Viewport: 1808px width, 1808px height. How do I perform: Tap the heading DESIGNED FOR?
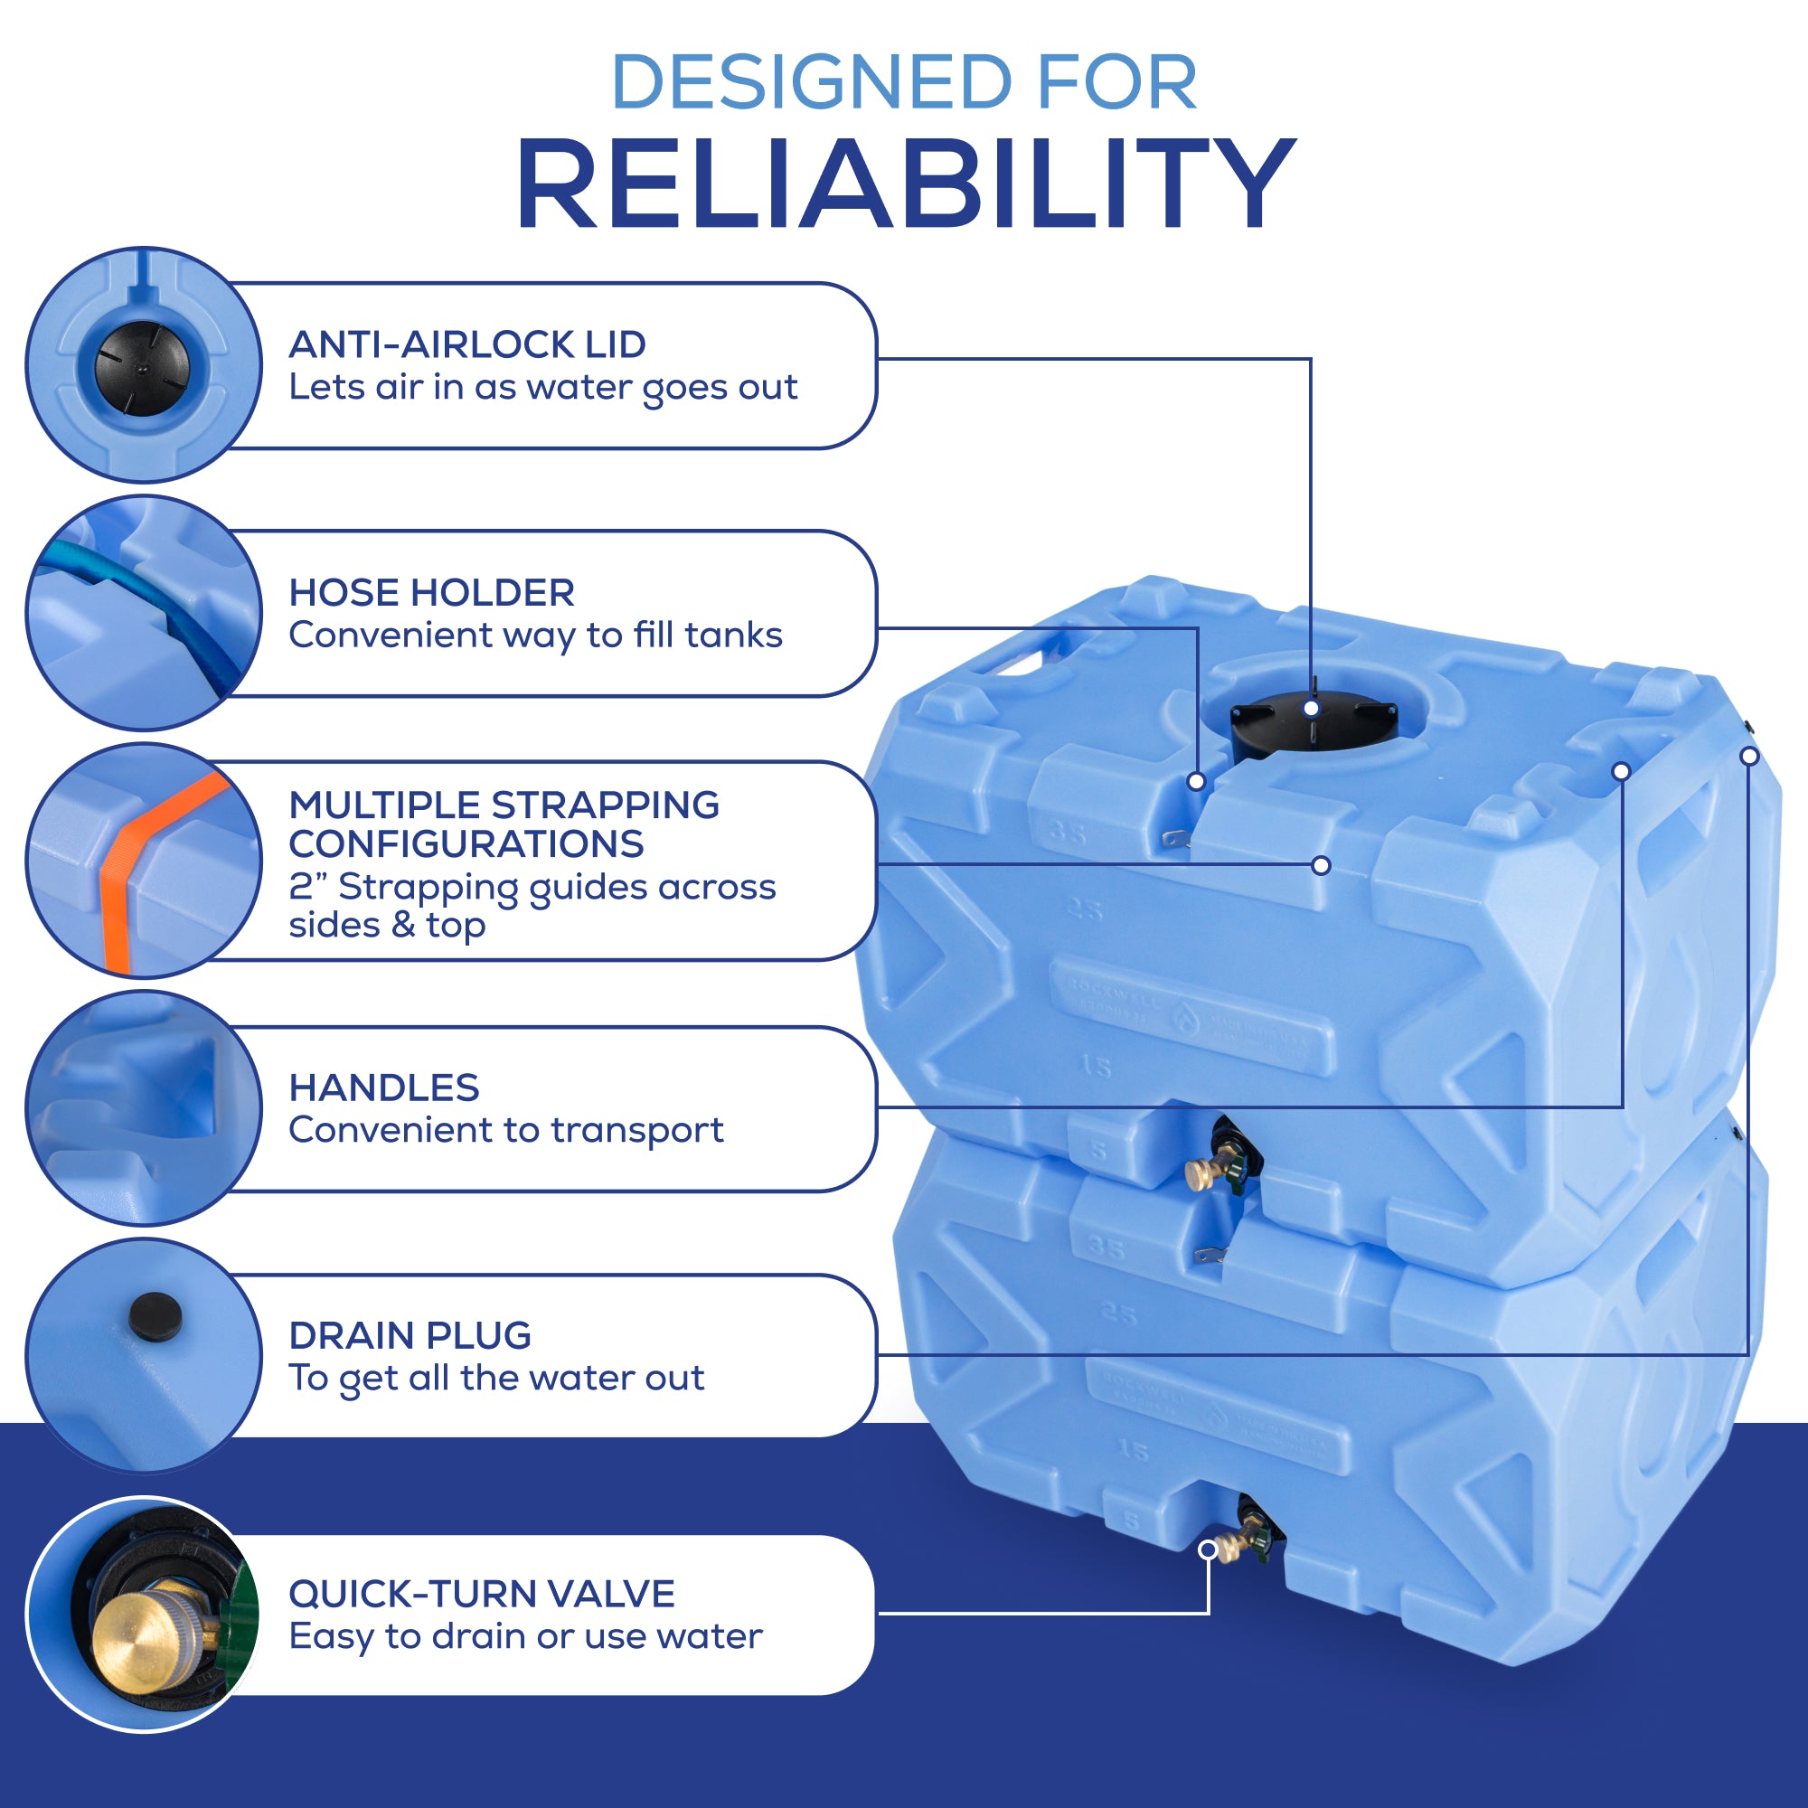tap(904, 82)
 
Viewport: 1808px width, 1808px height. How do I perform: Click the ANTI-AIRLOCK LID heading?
tap(467, 344)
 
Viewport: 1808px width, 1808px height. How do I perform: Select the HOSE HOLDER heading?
tap(431, 592)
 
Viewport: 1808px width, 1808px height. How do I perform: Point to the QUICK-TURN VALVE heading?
tap(481, 1594)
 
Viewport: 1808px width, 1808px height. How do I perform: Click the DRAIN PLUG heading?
tap(410, 1335)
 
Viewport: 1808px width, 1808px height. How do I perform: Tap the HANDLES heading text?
tap(383, 1088)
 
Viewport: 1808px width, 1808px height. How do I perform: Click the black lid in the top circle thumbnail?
tap(142, 367)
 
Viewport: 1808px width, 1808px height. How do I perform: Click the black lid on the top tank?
tap(1312, 725)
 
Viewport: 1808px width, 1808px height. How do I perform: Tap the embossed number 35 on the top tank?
tap(1067, 831)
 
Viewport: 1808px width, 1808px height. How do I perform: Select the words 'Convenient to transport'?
tap(505, 1131)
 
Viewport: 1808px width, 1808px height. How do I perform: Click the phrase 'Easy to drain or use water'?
tap(525, 1637)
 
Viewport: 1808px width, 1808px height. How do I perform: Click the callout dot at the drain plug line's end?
tap(1749, 756)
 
